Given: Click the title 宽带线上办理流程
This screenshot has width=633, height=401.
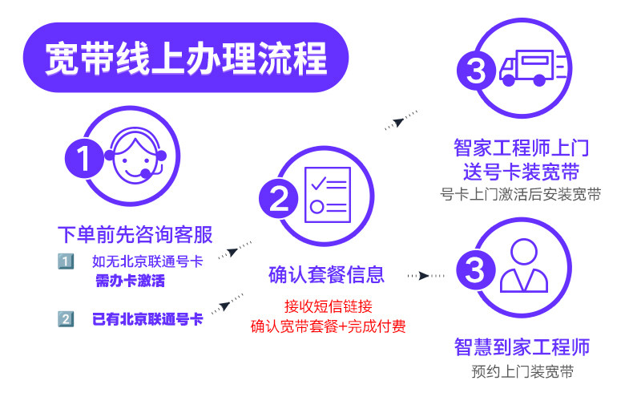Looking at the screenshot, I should [x=185, y=58].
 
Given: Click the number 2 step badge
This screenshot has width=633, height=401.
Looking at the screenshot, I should [x=277, y=200].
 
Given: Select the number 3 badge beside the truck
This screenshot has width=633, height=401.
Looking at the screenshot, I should [x=476, y=71].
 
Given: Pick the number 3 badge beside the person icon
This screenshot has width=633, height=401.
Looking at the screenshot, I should [x=476, y=269].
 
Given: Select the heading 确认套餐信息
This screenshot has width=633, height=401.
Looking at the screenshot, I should [x=326, y=275].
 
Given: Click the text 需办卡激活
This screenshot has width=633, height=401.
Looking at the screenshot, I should [x=133, y=282].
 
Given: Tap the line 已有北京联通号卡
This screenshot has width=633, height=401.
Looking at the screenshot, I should [x=147, y=319].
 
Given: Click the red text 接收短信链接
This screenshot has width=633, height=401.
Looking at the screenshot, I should [x=328, y=306].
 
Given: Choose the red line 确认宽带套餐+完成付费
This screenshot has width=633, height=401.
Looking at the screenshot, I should [x=328, y=326].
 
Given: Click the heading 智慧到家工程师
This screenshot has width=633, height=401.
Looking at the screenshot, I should [x=522, y=348].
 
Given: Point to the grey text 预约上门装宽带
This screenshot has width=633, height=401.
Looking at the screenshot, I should [x=522, y=372].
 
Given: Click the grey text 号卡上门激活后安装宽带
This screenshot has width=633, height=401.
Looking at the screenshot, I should [x=521, y=194].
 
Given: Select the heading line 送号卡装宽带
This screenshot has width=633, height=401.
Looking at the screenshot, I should [x=521, y=171].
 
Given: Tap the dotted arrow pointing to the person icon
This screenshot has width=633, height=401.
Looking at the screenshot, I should [x=424, y=275].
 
